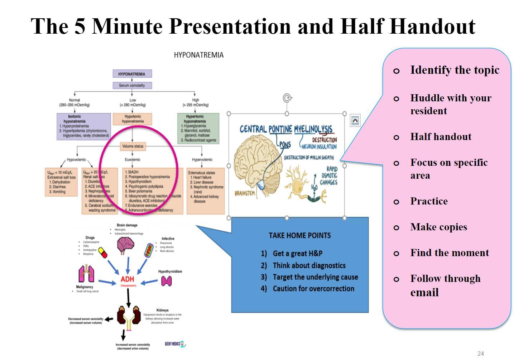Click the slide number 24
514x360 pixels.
(480, 354)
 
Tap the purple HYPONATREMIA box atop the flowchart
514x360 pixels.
(132, 74)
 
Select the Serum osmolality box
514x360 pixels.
(132, 85)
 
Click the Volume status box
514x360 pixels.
(133, 146)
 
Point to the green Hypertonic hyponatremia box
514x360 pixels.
(198, 128)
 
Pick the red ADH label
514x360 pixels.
(127, 279)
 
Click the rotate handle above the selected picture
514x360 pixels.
(287, 98)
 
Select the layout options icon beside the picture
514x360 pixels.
(355, 120)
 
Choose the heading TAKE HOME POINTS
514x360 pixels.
(300, 235)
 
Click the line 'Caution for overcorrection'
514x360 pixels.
(313, 289)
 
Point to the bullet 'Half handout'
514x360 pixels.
(441, 137)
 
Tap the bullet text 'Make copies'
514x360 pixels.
(438, 227)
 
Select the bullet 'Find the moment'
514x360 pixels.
(449, 253)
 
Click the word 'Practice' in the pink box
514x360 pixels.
(429, 201)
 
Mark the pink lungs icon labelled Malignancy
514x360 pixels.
(86, 274)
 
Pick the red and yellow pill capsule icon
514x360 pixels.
(102, 252)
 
